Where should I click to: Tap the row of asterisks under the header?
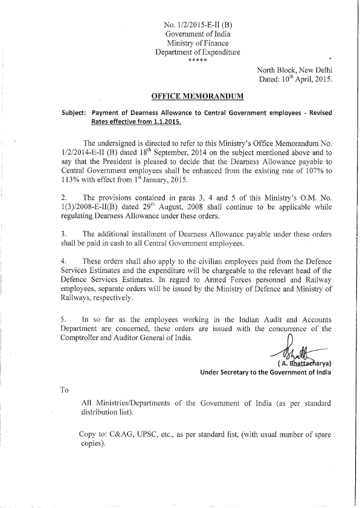point(198,61)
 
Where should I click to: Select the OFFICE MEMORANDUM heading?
point(197,96)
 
